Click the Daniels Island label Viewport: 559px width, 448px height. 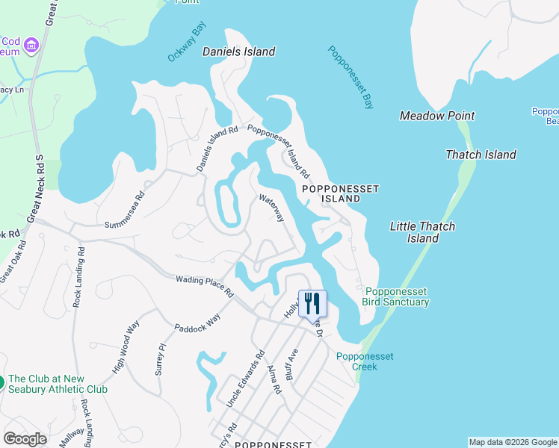click(x=239, y=52)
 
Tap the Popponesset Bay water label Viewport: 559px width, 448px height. click(x=350, y=78)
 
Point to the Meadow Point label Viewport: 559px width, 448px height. click(x=437, y=116)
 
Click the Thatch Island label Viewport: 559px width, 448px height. click(x=481, y=155)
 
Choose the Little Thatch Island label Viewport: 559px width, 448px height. click(x=422, y=232)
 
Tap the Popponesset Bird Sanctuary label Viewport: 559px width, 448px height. click(x=397, y=296)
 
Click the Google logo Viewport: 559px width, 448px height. click(x=25, y=439)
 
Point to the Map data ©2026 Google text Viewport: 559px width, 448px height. click(x=513, y=442)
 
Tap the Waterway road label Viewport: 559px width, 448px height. click(x=272, y=208)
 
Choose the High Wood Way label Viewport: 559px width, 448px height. click(x=126, y=347)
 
